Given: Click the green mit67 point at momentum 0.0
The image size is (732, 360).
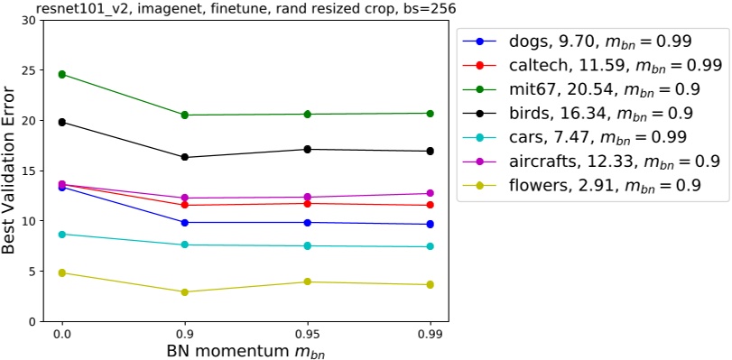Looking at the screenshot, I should (62, 74).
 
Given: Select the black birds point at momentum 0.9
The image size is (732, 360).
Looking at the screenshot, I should (185, 157).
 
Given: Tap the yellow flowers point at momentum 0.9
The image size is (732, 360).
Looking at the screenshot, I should (185, 291).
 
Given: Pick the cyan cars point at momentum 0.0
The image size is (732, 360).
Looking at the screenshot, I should (62, 234).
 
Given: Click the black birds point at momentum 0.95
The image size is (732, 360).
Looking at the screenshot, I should (308, 149).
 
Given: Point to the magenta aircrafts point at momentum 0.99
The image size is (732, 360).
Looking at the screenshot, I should (430, 193).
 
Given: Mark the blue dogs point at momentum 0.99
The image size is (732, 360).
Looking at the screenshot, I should (430, 224).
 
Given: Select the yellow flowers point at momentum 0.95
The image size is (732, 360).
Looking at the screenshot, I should (308, 282).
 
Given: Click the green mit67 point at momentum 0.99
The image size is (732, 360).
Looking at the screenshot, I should (430, 114).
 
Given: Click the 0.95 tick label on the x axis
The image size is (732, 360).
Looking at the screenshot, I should (308, 334).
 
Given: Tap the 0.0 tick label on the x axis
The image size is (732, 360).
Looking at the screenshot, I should (62, 334).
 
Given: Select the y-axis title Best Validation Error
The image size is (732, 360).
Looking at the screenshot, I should (11, 170).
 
